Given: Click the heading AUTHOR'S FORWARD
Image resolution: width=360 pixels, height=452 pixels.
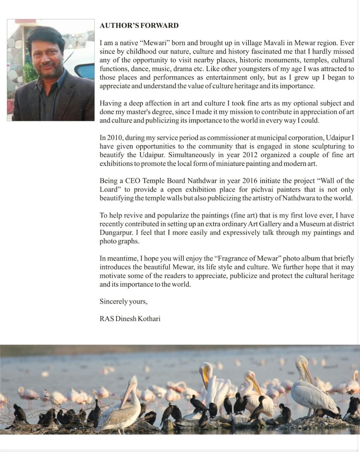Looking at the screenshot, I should pos(139,25).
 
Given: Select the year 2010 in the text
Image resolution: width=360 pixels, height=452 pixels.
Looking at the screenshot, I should pos(115,138).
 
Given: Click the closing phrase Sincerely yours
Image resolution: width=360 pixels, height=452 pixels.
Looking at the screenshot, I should pos(123,302).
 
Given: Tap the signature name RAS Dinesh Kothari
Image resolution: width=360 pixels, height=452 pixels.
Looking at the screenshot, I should pos(130,319).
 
